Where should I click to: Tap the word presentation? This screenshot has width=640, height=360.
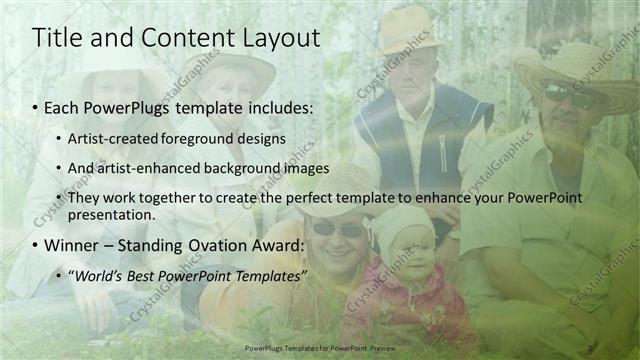(112, 214)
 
